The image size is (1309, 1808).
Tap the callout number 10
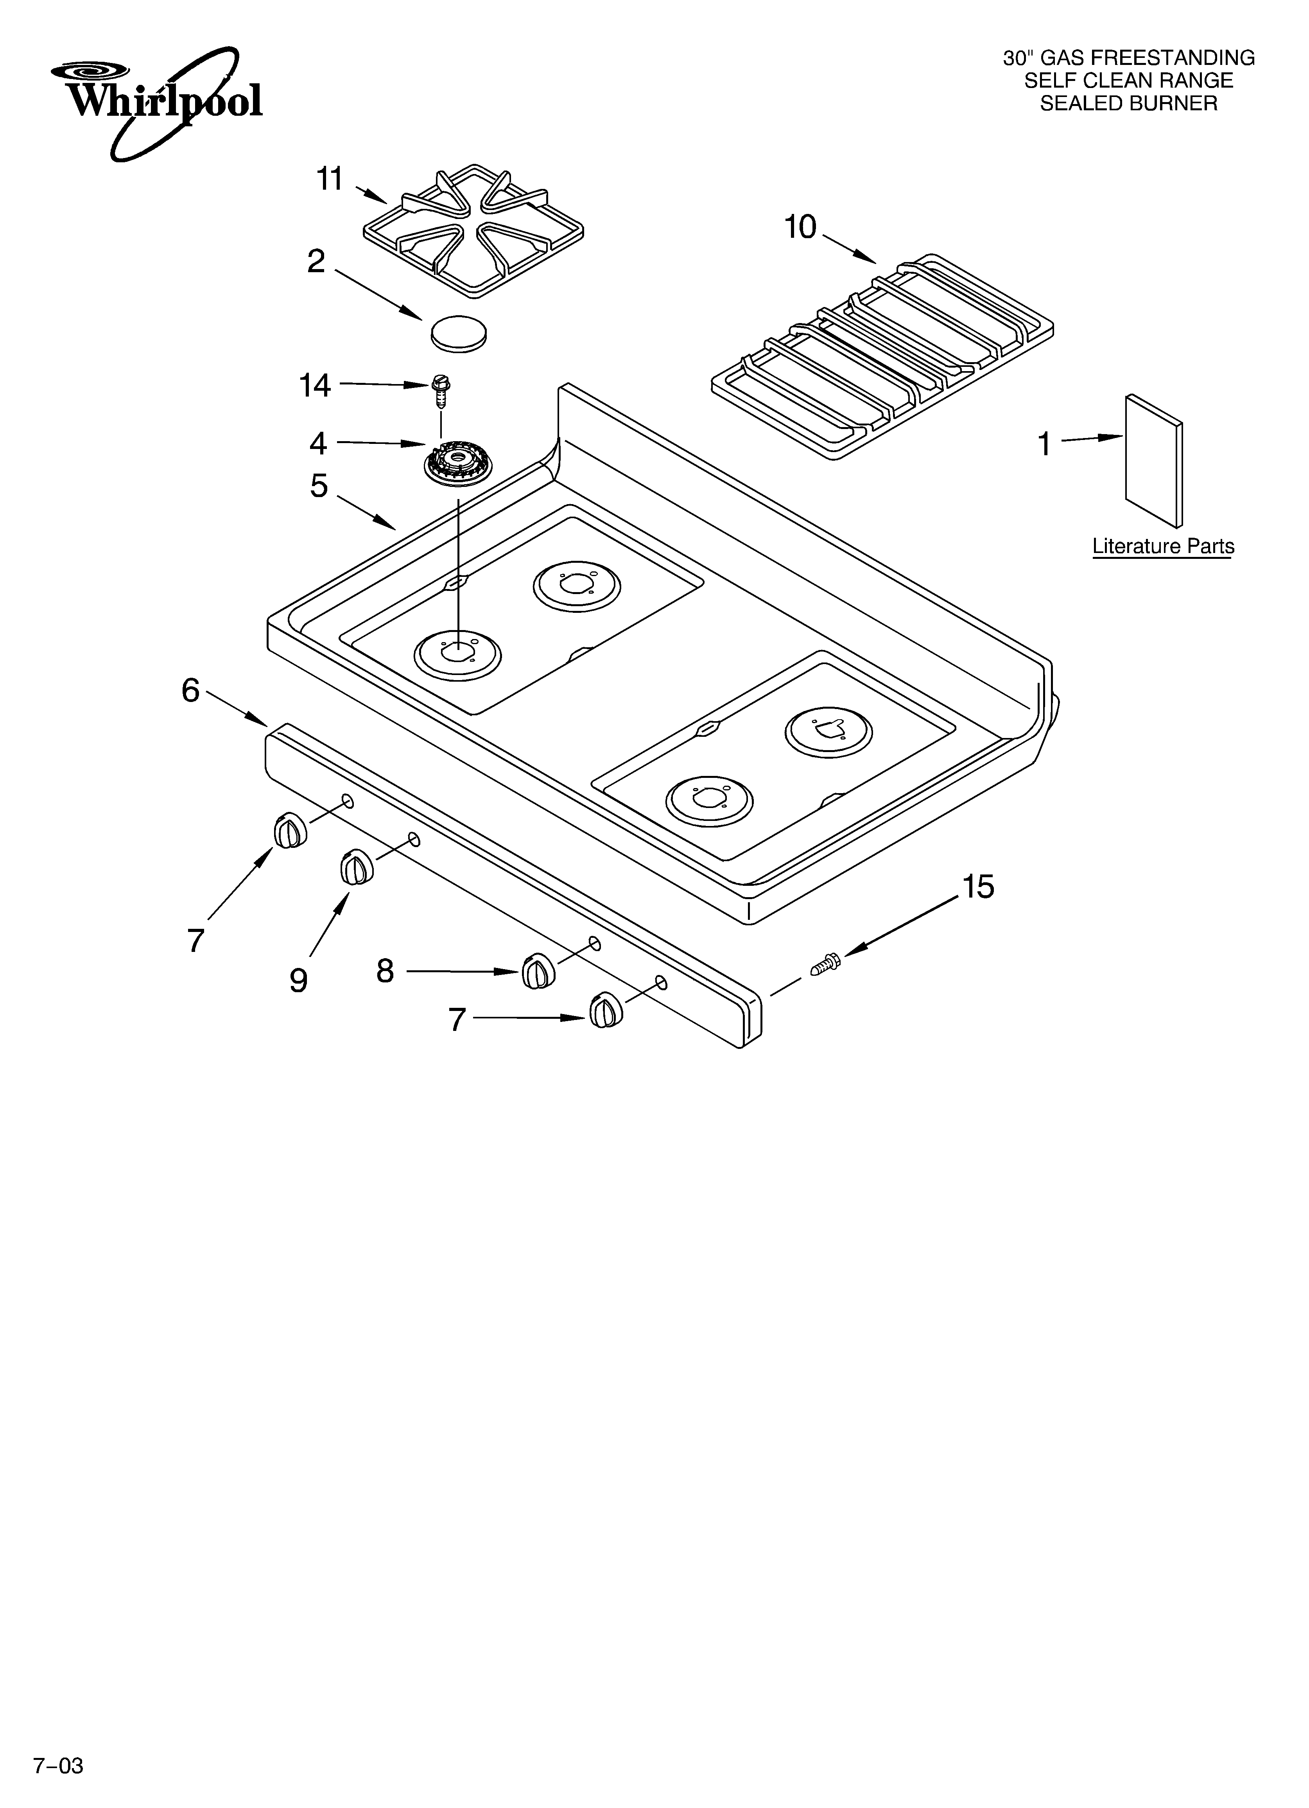800,228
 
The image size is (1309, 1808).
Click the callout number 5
319,485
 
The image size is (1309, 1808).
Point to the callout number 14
315,386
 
